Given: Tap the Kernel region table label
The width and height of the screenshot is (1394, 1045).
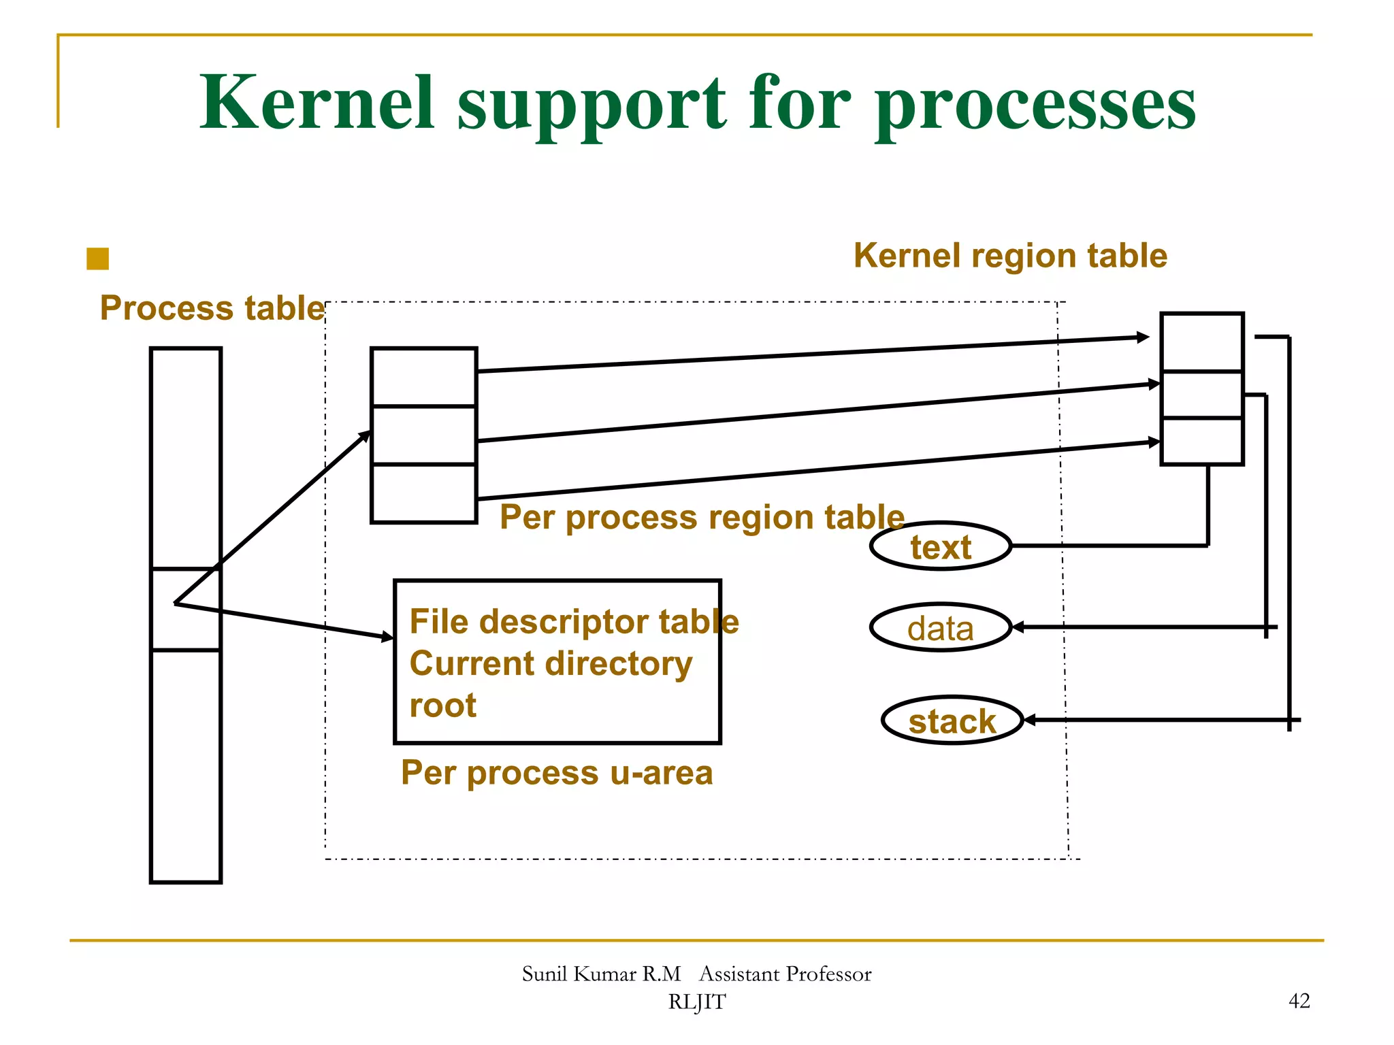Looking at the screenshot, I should [x=1010, y=256].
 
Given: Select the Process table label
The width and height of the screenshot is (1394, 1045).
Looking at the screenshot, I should [x=212, y=308].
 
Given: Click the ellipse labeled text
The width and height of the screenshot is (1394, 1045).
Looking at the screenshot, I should [x=941, y=546].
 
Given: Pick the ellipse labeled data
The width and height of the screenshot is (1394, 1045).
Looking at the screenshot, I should [x=941, y=627].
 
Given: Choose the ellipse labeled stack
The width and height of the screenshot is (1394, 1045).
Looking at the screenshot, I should [x=952, y=720].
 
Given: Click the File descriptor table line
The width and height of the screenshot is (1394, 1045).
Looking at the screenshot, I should [x=574, y=622].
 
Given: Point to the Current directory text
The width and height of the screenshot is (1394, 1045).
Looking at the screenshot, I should [x=551, y=663].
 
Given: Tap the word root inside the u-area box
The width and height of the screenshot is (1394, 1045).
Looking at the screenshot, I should [x=442, y=706].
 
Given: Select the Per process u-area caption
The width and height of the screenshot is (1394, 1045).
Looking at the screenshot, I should [x=556, y=773].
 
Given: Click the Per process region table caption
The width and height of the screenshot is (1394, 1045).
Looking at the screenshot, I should [x=702, y=517].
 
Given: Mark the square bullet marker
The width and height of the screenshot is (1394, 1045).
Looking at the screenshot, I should [x=98, y=259].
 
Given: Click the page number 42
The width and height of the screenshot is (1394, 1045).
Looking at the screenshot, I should [x=1299, y=1001].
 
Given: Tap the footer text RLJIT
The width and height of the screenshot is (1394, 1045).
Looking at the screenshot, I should [x=696, y=1002].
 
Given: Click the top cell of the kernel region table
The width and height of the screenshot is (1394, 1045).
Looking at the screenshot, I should [x=1201, y=342].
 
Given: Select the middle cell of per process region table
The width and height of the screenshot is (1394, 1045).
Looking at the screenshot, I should [x=423, y=435].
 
